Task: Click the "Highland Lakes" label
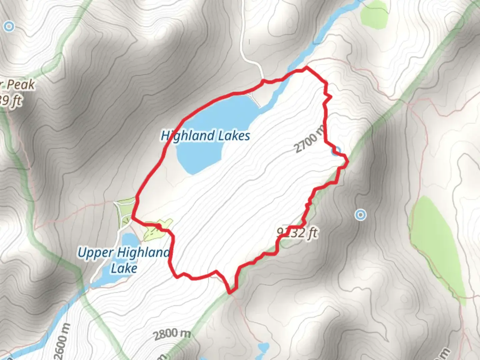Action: (x=205, y=136)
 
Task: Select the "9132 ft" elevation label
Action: (x=297, y=232)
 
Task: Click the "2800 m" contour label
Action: (x=172, y=333)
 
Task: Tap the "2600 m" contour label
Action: (x=62, y=340)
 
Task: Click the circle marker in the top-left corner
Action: (x=9, y=26)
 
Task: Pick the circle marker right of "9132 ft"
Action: (x=360, y=215)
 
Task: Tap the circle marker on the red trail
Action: (x=337, y=151)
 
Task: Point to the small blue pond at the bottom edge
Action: (x=263, y=348)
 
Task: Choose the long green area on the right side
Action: (x=437, y=240)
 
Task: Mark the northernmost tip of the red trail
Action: (x=306, y=68)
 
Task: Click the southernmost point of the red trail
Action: (x=230, y=293)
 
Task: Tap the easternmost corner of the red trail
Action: (x=348, y=162)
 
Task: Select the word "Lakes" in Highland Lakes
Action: (x=234, y=136)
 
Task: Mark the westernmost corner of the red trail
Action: (x=133, y=217)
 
